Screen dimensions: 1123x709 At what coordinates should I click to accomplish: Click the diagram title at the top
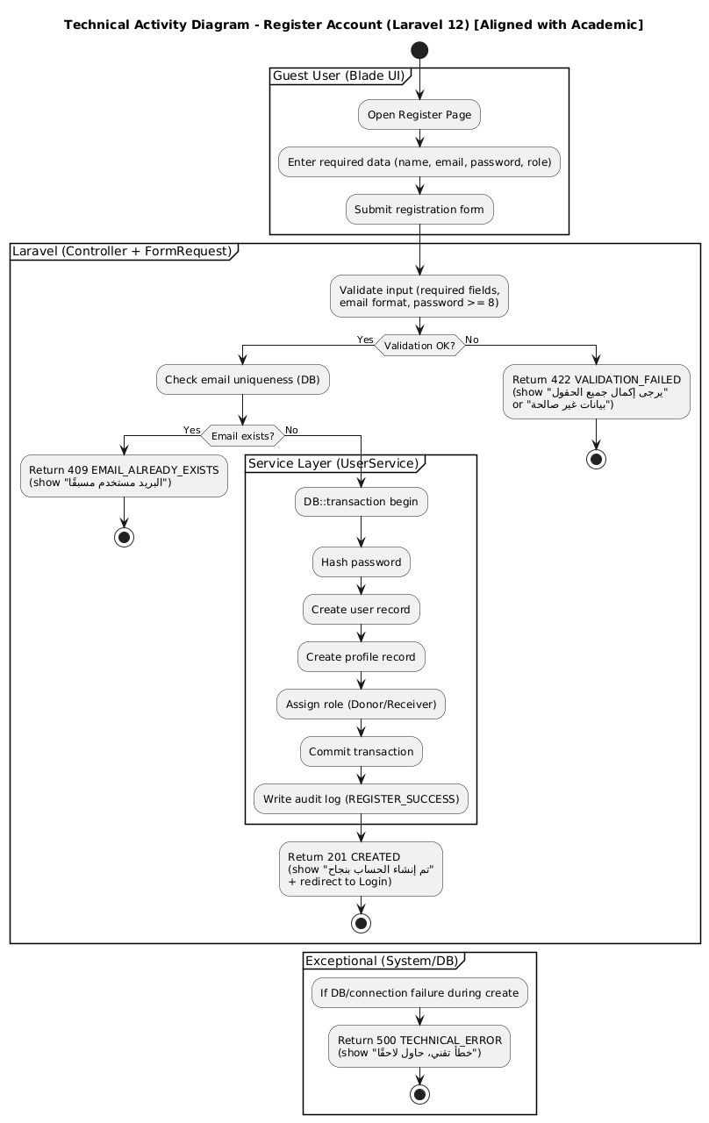pyautogui.click(x=354, y=25)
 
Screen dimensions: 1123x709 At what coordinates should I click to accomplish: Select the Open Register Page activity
pyautogui.click(x=419, y=114)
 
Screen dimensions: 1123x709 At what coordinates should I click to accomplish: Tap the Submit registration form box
pyautogui.click(x=419, y=209)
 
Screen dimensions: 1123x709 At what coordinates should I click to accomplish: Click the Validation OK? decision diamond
pyautogui.click(x=419, y=346)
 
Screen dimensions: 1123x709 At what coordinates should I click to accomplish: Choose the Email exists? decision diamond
pyautogui.click(x=241, y=436)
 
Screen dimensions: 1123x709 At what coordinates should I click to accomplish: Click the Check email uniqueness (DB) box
pyautogui.click(x=241, y=379)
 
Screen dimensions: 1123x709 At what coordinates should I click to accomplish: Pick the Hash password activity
pyautogui.click(x=361, y=561)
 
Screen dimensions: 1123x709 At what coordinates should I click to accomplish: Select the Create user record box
pyautogui.click(x=361, y=609)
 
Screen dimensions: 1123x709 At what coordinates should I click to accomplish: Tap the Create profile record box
pyautogui.click(x=361, y=656)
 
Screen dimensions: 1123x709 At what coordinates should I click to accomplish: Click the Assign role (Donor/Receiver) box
pyautogui.click(x=361, y=704)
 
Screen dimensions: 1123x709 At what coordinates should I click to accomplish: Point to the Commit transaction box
pyautogui.click(x=361, y=751)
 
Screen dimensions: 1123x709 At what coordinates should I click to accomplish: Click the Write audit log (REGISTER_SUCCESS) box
pyautogui.click(x=361, y=798)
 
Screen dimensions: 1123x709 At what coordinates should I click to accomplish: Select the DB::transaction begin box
pyautogui.click(x=361, y=502)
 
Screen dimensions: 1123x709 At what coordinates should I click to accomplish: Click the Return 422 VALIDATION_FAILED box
pyautogui.click(x=597, y=390)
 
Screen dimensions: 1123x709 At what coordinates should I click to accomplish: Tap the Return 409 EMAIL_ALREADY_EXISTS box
pyautogui.click(x=124, y=476)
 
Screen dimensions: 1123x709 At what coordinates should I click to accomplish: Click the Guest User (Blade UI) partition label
pyautogui.click(x=338, y=76)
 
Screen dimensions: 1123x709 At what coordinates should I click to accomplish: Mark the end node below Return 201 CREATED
pyautogui.click(x=361, y=923)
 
